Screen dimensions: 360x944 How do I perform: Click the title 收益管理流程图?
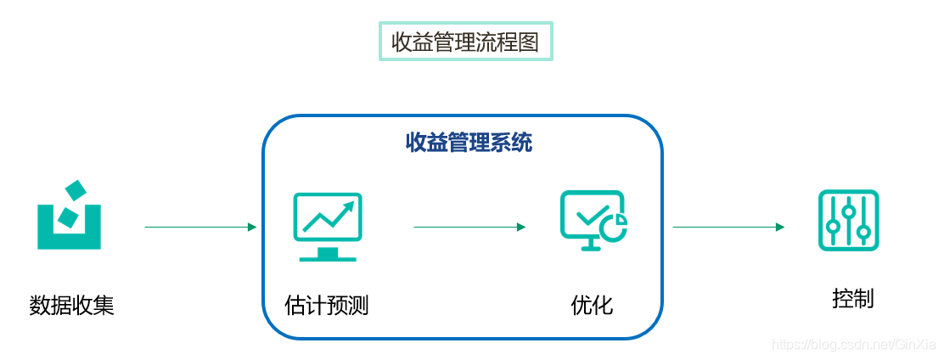click(x=464, y=42)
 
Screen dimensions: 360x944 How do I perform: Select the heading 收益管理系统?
click(x=469, y=143)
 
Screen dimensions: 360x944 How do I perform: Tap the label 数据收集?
click(x=71, y=305)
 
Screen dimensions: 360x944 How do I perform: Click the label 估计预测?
click(x=327, y=305)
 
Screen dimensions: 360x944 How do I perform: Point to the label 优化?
click(x=592, y=305)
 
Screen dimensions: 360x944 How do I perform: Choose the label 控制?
click(x=852, y=299)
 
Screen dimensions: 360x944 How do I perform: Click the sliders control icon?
click(x=848, y=220)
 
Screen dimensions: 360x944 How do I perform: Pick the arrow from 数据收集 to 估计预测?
click(x=200, y=227)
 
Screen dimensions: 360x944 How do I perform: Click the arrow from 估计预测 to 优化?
click(x=469, y=227)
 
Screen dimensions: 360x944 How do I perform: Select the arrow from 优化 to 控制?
click(x=728, y=227)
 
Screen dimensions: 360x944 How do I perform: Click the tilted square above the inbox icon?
click(x=76, y=191)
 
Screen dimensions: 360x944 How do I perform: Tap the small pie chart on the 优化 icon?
click(x=615, y=226)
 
